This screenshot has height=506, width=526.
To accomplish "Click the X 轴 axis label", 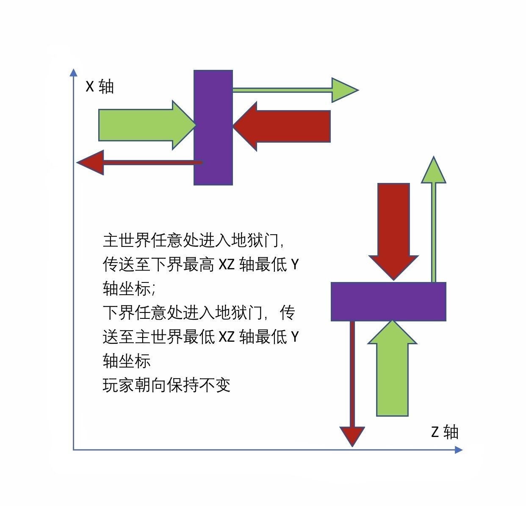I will point(100,87).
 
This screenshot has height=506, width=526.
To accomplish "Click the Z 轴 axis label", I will point(445,432).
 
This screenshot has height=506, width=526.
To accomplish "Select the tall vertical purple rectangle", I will point(213,127).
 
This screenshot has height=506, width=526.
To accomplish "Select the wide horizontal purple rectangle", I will point(388,301).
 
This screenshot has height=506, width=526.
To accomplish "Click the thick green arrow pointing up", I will point(392,368).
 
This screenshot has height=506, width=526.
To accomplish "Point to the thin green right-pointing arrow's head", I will point(344,90).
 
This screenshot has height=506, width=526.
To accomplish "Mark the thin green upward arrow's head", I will point(433,171).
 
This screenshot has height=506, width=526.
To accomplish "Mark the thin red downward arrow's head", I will point(352,436).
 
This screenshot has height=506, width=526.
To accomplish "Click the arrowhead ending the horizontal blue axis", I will point(459,450).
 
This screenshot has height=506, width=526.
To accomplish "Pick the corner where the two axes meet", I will point(74,450).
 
